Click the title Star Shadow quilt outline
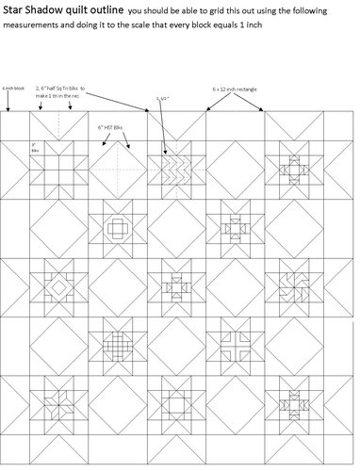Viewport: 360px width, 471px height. pos(61,10)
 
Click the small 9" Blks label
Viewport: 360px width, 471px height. pos(35,149)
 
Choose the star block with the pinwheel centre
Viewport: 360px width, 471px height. pos(293,284)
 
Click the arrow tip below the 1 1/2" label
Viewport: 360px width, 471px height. pos(165,153)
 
